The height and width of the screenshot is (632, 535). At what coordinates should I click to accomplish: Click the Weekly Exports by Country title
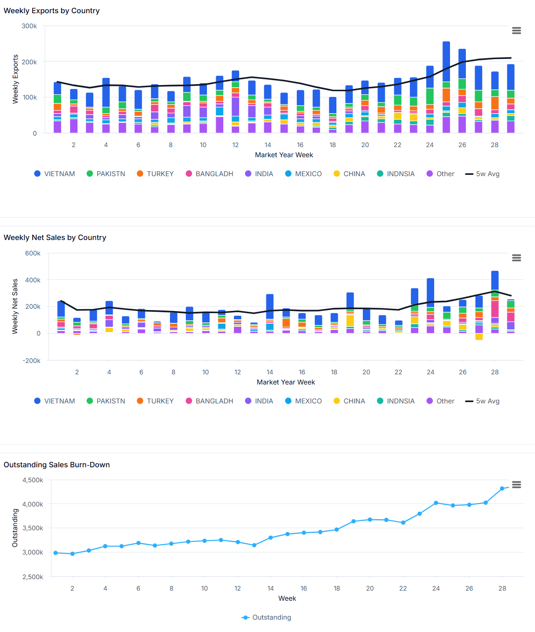pyautogui.click(x=52, y=11)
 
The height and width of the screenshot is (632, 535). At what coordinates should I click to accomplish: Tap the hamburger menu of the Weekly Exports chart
pyautogui.click(x=517, y=30)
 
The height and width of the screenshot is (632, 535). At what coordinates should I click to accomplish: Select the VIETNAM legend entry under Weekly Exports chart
pyautogui.click(x=55, y=174)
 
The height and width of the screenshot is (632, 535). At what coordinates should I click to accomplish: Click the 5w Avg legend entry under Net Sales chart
pyautogui.click(x=483, y=401)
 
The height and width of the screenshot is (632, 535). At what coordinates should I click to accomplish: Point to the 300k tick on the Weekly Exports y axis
pyautogui.click(x=30, y=26)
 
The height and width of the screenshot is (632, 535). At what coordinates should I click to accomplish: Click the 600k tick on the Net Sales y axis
pyautogui.click(x=33, y=253)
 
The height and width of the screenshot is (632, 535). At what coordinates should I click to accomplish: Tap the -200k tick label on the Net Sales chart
pyautogui.click(x=31, y=361)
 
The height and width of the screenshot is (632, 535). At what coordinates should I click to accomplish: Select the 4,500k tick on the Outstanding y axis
pyautogui.click(x=33, y=480)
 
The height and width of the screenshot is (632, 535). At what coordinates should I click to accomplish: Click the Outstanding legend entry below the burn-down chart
pyautogui.click(x=266, y=617)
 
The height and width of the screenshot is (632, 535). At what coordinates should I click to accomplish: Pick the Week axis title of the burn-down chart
pyautogui.click(x=287, y=599)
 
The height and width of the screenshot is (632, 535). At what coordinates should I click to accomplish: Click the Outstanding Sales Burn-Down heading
pyautogui.click(x=57, y=465)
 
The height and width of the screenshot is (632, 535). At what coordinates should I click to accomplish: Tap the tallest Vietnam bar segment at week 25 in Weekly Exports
pyautogui.click(x=446, y=62)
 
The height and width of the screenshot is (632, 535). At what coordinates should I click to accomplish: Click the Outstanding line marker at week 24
pyautogui.click(x=436, y=503)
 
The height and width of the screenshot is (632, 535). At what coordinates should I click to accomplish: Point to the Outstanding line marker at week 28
pyautogui.click(x=502, y=489)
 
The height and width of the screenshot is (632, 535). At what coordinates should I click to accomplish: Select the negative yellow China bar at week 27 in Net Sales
pyautogui.click(x=479, y=337)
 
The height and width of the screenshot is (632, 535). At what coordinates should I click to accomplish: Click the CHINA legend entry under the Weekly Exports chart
pyautogui.click(x=349, y=174)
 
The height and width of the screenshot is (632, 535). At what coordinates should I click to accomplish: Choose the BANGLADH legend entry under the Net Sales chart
pyautogui.click(x=210, y=401)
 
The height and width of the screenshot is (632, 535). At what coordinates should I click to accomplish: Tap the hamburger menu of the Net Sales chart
pyautogui.click(x=517, y=258)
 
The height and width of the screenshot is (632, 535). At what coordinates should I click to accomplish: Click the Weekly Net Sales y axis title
pyautogui.click(x=15, y=306)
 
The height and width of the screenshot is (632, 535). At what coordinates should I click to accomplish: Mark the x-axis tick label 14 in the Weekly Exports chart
pyautogui.click(x=268, y=145)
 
